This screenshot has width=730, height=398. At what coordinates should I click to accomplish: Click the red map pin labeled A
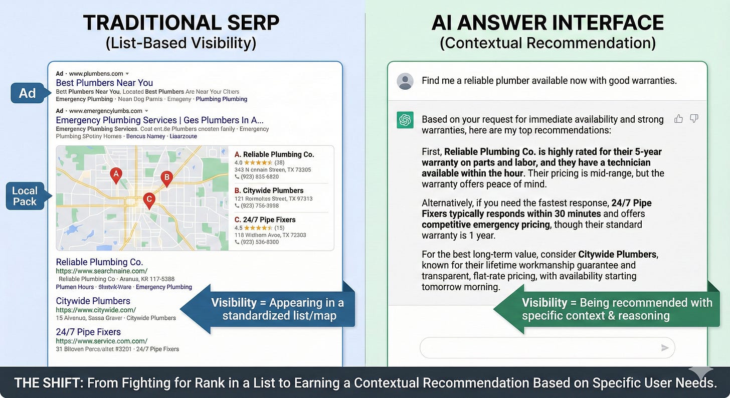point(116,175)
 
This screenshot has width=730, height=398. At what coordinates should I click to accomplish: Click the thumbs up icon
point(678,119)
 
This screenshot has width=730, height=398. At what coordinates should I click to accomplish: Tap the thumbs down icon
point(694,119)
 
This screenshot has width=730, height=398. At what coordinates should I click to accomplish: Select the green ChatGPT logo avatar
point(405,120)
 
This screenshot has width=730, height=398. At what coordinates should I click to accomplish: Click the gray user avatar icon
point(405,81)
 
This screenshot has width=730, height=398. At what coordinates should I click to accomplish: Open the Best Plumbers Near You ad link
point(104,83)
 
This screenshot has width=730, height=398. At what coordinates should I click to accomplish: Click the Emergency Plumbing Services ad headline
point(159,120)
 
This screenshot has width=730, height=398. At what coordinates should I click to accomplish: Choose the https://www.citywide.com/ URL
point(96,310)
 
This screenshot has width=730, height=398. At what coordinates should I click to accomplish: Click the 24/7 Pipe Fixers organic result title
point(88,332)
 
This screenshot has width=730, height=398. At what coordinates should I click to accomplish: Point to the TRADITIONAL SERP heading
point(180,23)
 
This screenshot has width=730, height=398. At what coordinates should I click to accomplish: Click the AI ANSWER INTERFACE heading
point(547,23)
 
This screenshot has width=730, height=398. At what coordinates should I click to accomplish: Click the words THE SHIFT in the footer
point(48,383)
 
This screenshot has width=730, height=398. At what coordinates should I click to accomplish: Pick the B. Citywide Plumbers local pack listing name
point(269,190)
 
